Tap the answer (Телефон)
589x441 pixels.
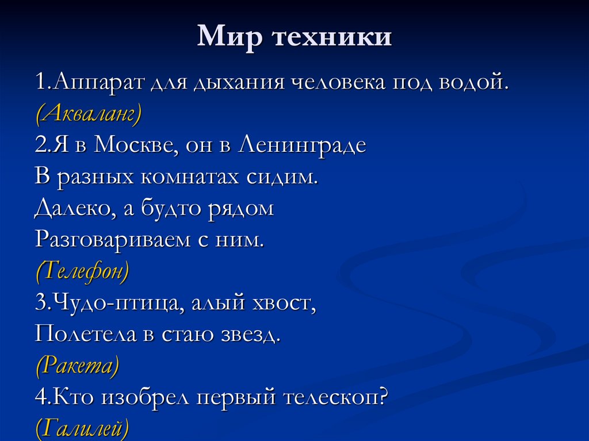[x=82, y=270]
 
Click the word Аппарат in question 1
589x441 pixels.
[x=98, y=82]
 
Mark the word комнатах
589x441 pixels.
[x=190, y=177]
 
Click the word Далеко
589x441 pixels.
[x=75, y=208]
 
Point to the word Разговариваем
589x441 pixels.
[x=113, y=239]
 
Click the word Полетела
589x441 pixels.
[x=85, y=333]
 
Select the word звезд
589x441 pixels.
[x=249, y=333]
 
